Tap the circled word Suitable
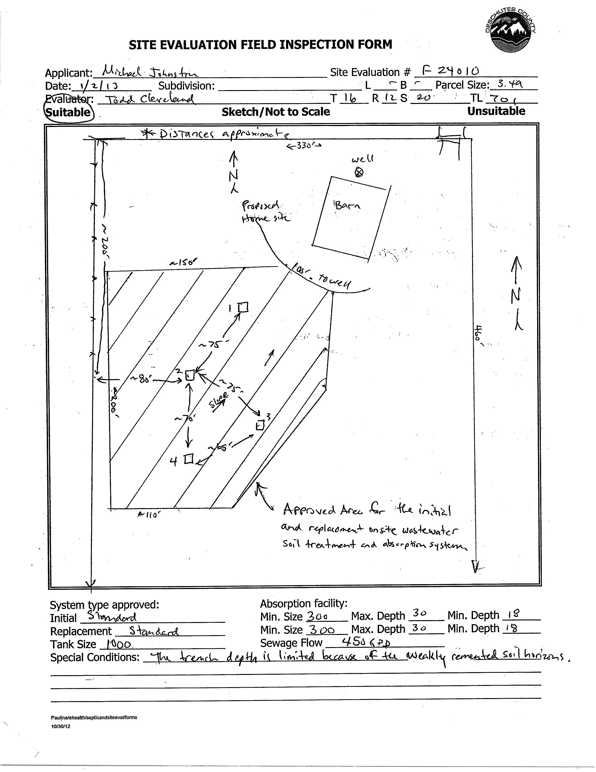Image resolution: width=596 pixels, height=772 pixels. [x=68, y=112]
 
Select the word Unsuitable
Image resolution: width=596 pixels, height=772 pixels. [x=496, y=111]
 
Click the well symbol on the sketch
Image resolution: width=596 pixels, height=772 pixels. [x=359, y=172]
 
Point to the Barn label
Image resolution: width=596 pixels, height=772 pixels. [x=347, y=205]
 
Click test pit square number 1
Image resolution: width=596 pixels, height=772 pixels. [x=243, y=307]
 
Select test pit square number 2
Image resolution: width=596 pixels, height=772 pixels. [x=190, y=375]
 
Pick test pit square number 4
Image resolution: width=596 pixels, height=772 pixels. [x=189, y=459]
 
